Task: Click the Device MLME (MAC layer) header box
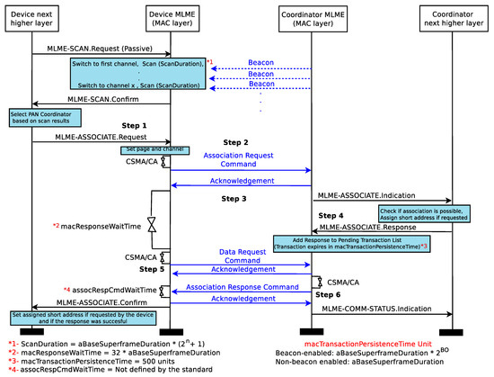[x=172, y=18]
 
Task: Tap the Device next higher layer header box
[x=33, y=18]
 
